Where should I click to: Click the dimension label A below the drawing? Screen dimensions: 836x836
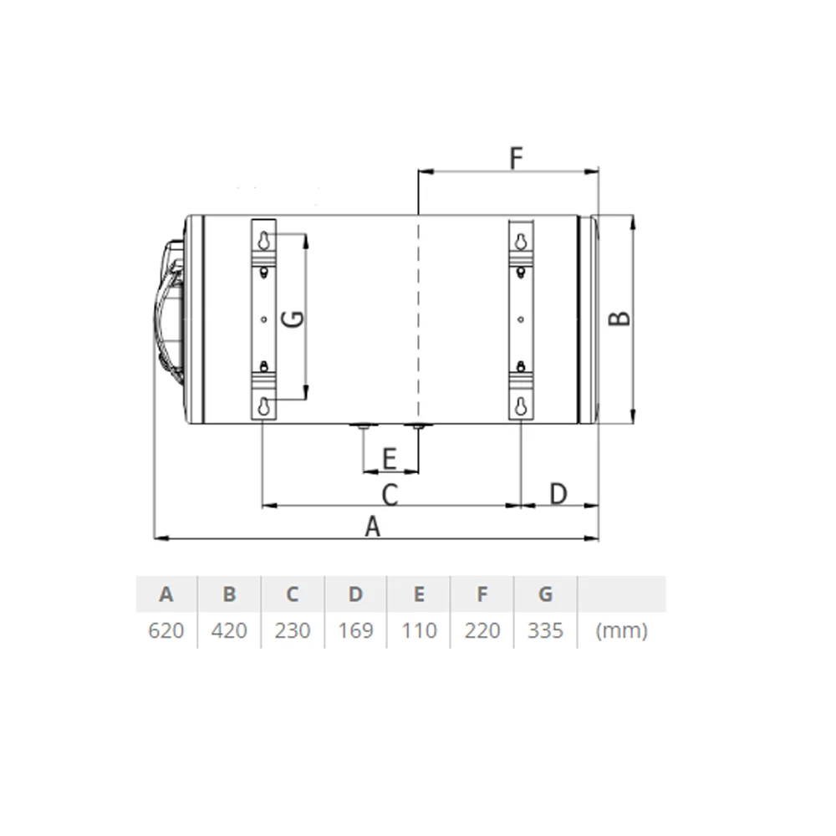(x=373, y=527)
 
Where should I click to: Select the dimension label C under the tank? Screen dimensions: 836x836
(x=390, y=494)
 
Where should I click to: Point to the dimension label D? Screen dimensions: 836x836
(x=558, y=493)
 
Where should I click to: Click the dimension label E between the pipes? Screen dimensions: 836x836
(x=389, y=459)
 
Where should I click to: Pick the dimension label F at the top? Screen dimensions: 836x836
(x=516, y=157)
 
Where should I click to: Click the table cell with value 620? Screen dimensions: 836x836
(x=166, y=630)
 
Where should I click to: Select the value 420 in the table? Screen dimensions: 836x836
(x=229, y=630)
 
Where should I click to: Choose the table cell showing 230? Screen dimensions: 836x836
(x=293, y=630)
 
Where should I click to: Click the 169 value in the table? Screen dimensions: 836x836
(x=355, y=630)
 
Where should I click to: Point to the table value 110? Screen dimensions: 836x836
(x=419, y=630)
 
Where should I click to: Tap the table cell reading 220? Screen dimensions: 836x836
(x=482, y=630)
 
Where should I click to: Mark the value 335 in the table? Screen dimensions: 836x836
(x=545, y=630)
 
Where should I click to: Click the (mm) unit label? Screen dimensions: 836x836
(x=621, y=630)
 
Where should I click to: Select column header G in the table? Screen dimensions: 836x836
(x=545, y=594)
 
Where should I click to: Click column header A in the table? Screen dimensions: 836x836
(x=166, y=594)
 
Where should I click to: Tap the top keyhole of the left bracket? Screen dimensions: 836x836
(x=264, y=240)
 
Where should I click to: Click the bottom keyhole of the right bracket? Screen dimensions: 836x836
(x=521, y=407)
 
